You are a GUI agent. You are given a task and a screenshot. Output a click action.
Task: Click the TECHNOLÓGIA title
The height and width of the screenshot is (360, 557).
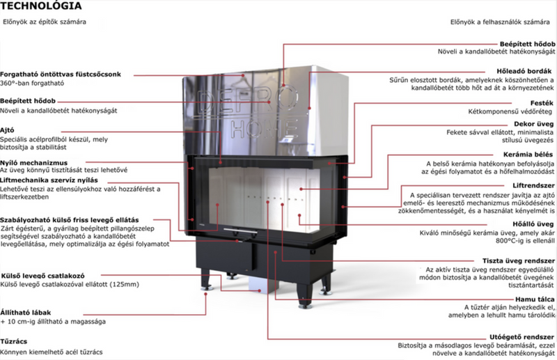point(41,6)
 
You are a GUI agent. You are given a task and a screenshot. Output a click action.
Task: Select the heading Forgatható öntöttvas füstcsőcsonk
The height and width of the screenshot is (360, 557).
point(61,75)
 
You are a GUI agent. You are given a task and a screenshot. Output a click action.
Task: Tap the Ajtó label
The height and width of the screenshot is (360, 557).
point(7,130)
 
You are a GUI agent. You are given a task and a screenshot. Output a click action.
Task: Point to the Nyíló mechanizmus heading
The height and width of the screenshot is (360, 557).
point(33,163)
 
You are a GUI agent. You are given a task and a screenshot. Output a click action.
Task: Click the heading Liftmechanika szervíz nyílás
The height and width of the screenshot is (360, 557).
point(49,180)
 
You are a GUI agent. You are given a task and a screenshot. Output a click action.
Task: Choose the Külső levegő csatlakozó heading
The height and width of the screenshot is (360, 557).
point(42,276)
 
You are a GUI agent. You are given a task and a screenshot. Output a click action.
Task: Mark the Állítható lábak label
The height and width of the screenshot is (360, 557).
point(26,313)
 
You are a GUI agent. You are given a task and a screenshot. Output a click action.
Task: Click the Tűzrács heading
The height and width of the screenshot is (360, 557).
point(13,341)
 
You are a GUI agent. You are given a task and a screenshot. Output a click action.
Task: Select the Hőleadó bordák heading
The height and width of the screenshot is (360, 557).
point(524,71)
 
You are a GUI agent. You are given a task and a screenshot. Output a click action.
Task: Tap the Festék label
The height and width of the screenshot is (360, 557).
point(542,103)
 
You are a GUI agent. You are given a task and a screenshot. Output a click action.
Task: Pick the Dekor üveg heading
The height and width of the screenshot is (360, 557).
point(533,124)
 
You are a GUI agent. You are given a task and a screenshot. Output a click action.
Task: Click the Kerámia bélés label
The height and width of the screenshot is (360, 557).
point(528,154)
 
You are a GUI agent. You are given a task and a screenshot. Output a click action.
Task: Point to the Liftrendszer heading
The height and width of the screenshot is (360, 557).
point(533,185)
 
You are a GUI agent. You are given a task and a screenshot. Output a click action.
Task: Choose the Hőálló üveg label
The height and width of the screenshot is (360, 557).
point(533,224)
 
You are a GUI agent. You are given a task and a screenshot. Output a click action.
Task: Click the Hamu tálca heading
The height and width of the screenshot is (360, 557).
point(535,299)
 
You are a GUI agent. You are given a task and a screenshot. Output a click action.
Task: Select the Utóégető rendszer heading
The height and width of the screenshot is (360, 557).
point(521,337)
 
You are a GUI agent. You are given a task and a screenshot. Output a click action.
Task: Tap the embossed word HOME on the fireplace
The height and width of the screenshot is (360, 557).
point(264,129)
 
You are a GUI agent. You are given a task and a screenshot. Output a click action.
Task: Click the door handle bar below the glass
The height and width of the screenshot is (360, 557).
point(240,230)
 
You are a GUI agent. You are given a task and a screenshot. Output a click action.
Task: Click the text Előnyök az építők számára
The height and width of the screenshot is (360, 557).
point(45,22)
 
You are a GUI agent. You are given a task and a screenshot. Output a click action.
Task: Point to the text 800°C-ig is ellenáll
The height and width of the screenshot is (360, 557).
point(525,241)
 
